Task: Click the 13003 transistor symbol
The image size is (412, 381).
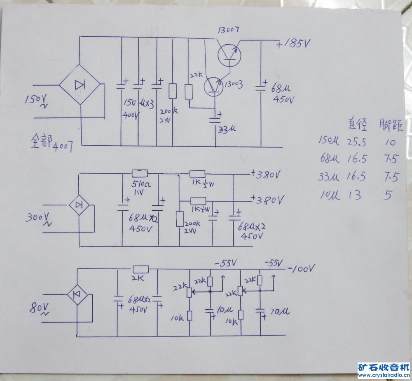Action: [x=213, y=85]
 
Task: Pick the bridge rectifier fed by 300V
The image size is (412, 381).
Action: [x=80, y=204]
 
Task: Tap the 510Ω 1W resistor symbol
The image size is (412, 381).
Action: [x=139, y=174]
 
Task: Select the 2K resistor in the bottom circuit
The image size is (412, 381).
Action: [x=140, y=269]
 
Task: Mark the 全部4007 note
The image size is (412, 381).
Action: [x=52, y=143]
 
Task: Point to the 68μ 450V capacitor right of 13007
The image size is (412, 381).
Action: [x=260, y=87]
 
